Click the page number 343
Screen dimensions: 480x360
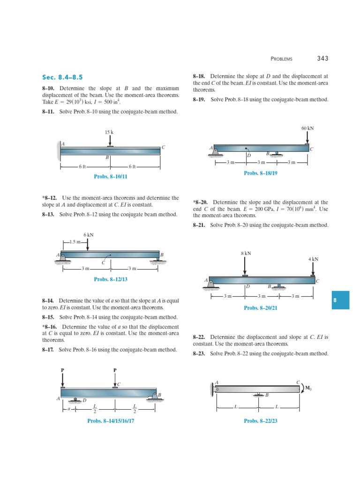(x=322, y=59)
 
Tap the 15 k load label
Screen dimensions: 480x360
(x=109, y=132)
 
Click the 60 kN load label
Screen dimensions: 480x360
(x=307, y=127)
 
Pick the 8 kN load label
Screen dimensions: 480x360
(x=246, y=253)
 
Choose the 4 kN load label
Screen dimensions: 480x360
(x=313, y=259)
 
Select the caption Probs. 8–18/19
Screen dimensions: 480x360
(x=261, y=173)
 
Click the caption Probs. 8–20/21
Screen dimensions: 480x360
(x=261, y=308)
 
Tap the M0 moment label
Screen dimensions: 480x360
(x=308, y=388)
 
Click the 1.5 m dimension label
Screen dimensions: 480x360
(x=75, y=242)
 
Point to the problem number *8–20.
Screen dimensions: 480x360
(x=201, y=202)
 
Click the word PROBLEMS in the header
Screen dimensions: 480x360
(x=281, y=59)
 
